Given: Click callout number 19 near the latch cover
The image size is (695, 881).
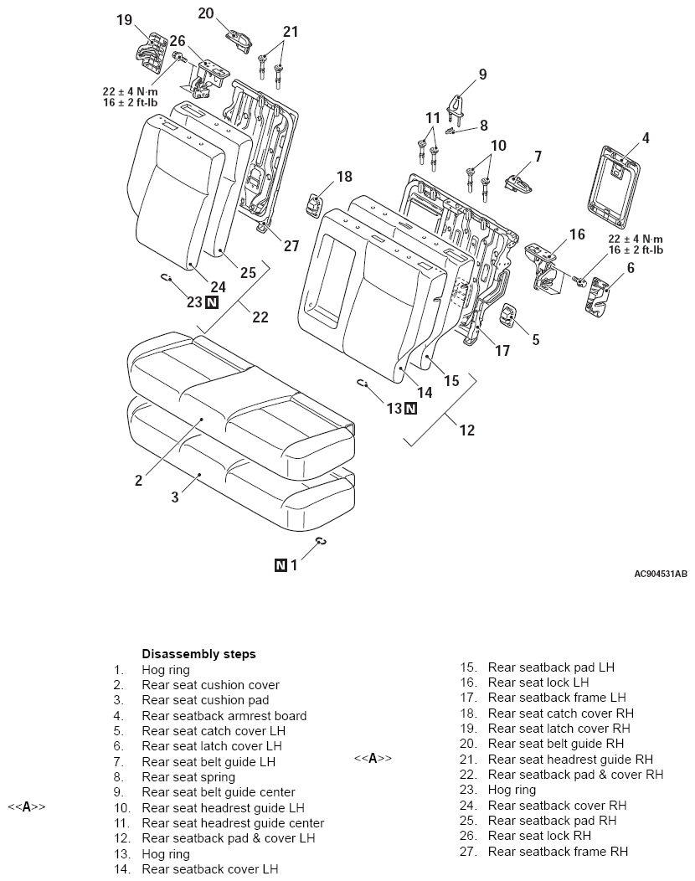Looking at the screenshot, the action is click(124, 20).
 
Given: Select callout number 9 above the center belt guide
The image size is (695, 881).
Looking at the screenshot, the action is click(482, 75).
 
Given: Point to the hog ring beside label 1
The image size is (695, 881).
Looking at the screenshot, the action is click(322, 540).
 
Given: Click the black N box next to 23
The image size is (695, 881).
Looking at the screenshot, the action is click(211, 302).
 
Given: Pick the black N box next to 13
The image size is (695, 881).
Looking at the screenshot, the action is click(410, 409).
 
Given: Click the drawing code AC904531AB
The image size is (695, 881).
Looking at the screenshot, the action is click(660, 574).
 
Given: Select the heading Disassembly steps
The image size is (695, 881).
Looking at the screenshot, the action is click(198, 654).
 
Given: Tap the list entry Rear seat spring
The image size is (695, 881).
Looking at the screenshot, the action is click(188, 777).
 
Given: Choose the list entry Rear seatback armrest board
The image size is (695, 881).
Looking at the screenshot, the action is click(224, 716).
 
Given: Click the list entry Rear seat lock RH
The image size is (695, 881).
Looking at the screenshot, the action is click(538, 836).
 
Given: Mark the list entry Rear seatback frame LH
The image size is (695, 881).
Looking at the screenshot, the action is click(556, 698).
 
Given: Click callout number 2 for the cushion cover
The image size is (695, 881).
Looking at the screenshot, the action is click(138, 481).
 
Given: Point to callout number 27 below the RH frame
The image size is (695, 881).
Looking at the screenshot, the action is click(291, 245).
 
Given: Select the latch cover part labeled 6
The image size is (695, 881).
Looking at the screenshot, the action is click(598, 296).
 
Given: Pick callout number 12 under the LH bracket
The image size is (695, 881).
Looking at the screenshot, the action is click(467, 430).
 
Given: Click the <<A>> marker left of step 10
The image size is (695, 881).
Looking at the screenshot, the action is click(27, 807).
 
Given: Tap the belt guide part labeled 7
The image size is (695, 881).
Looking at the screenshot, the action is click(518, 183).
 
